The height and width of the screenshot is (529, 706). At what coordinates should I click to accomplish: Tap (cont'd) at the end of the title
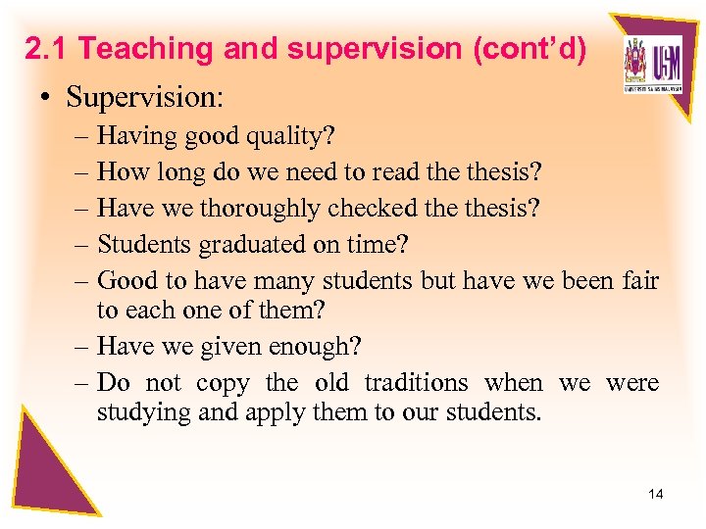530,48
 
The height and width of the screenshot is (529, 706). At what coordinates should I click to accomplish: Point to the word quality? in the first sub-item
285,137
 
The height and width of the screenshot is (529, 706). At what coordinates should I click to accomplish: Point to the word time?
388,244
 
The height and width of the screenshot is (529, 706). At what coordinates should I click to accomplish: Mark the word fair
639,280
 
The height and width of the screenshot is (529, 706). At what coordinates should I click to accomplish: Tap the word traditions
417,382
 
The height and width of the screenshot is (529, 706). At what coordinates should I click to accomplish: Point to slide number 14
655,494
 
